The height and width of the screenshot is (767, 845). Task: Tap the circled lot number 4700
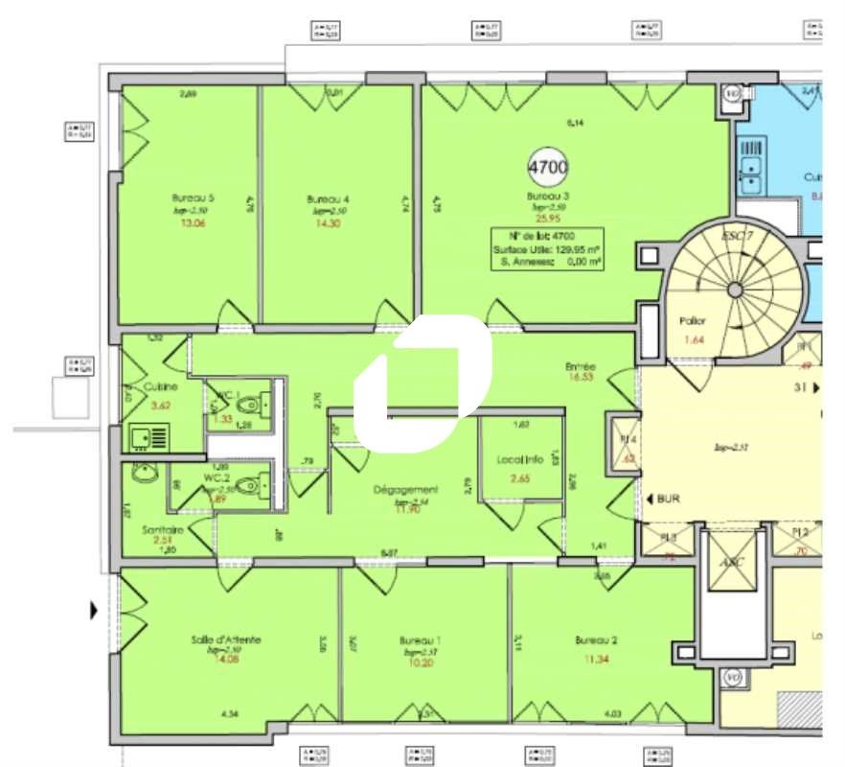[548, 167]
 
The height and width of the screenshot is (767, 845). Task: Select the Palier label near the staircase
[692, 322]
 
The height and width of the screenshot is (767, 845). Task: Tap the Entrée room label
[581, 366]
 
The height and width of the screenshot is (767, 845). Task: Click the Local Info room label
[520, 459]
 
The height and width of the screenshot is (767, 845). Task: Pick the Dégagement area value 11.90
[405, 509]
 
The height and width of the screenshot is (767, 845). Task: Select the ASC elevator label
[733, 563]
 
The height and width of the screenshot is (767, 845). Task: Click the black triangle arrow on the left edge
[94, 609]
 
